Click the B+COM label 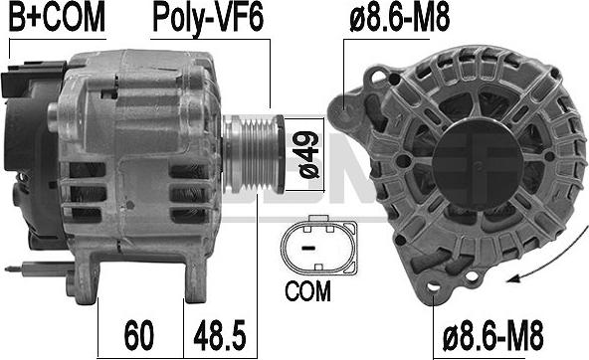[57, 18]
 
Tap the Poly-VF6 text [208, 19]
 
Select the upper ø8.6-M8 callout [399, 17]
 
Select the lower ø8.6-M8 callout [492, 335]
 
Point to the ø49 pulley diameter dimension [308, 155]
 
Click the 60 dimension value [139, 335]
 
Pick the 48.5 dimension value [220, 335]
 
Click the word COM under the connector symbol [307, 291]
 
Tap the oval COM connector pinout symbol [318, 246]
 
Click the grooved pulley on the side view [253, 154]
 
